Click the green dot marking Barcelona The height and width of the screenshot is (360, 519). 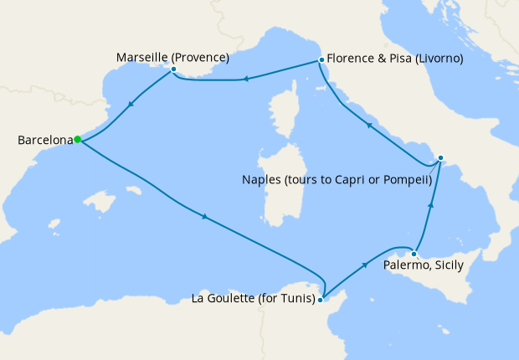point(77,140)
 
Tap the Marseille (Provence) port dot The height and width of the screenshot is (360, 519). point(173,69)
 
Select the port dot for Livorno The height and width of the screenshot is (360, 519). point(321,60)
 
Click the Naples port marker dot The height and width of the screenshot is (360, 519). point(441,157)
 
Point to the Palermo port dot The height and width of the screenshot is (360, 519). point(414,254)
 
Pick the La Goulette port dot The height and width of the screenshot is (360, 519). point(321,299)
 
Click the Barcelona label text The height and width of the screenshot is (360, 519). point(44,141)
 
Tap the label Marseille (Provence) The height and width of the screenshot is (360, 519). point(172,57)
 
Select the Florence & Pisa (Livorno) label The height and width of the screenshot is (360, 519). point(395,59)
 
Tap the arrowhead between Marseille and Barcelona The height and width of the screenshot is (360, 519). point(131,106)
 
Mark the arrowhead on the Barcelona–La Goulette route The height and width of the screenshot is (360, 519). point(205,219)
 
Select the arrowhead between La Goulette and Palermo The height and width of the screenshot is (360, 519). point(365,265)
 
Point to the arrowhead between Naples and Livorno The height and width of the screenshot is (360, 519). point(369,125)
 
